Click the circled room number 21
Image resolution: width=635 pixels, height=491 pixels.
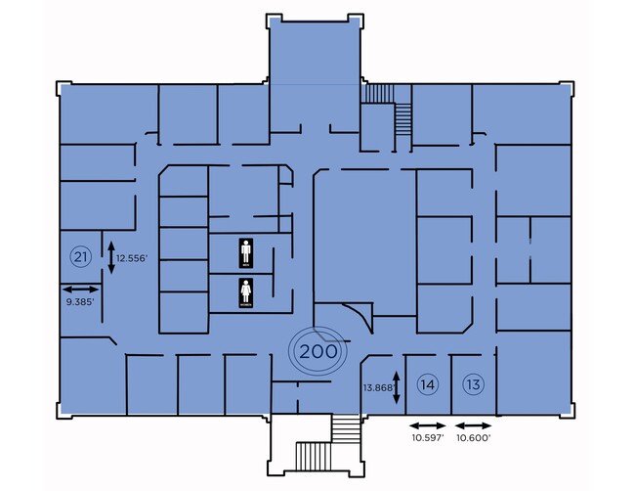[81, 257]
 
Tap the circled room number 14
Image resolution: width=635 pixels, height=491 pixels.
[427, 384]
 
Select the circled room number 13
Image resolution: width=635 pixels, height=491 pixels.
[474, 384]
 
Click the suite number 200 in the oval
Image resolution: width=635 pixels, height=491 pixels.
[318, 350]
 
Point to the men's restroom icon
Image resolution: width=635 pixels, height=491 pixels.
[247, 252]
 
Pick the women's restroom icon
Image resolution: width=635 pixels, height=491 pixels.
[247, 293]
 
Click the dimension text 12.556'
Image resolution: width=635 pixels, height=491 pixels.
[132, 258]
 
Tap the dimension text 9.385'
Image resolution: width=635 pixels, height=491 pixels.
[80, 302]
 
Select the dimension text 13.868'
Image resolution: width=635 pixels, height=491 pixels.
[377, 387]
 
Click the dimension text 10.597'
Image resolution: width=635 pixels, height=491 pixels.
[427, 438]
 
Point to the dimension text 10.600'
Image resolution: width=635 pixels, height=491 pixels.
[474, 438]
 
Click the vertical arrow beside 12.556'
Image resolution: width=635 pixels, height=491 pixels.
[110, 257]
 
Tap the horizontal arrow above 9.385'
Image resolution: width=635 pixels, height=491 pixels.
[80, 289]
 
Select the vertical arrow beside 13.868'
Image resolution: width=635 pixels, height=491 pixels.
[397, 387]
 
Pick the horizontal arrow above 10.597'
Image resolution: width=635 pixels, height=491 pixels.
[427, 424]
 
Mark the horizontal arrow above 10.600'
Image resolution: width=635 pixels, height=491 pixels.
[474, 424]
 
